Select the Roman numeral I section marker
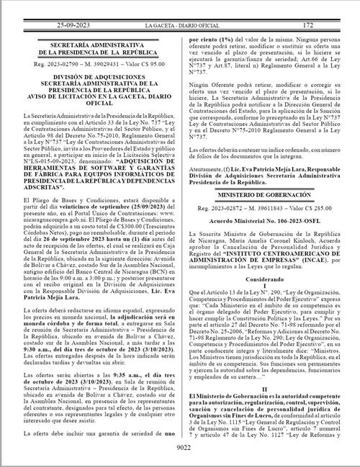[x=271, y=296]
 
